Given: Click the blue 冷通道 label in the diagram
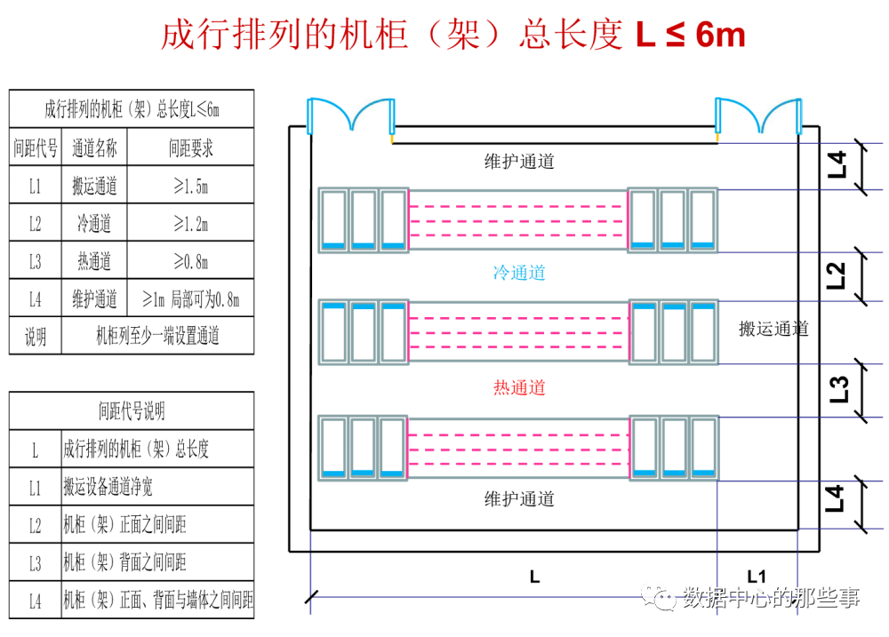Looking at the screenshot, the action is click(x=519, y=273).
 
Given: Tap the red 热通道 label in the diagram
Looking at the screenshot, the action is click(x=519, y=387).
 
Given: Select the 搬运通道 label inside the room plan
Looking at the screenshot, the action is click(x=773, y=329).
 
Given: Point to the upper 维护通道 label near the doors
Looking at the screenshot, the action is click(x=519, y=162).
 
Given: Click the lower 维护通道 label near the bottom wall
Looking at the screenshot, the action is click(x=519, y=498).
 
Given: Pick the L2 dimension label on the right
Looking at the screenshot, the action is click(x=837, y=275).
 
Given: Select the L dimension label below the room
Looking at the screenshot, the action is click(x=534, y=576).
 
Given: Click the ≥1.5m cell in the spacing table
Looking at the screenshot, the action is click(x=190, y=186).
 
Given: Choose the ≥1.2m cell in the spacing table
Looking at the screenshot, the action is click(x=190, y=224).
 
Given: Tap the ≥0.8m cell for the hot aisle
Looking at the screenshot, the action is click(x=190, y=261).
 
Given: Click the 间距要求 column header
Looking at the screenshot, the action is click(x=190, y=148).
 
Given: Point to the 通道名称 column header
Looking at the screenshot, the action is click(x=94, y=148).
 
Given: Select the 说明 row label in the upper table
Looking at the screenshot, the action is click(x=36, y=337).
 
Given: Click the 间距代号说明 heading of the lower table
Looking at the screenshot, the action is click(x=132, y=411).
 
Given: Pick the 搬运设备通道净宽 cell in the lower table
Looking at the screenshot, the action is click(x=108, y=487).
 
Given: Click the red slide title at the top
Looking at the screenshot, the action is click(x=453, y=35).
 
